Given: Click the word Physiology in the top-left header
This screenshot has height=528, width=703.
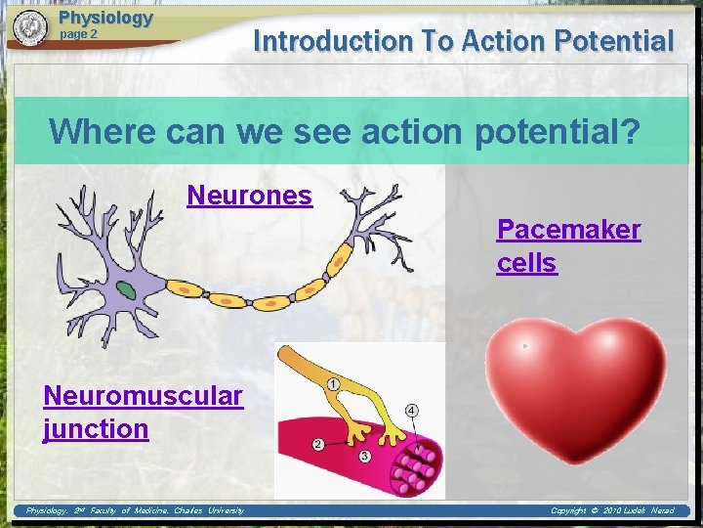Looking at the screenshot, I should click(105, 18).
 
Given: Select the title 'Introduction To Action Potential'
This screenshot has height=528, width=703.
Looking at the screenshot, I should click(463, 41).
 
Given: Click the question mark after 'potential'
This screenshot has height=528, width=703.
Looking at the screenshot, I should click(629, 130).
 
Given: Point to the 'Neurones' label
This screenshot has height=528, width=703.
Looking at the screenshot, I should click(249, 196).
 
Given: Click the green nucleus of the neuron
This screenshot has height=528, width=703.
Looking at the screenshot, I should click(127, 289).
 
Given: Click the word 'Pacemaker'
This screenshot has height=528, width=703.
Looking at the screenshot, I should click(568, 230).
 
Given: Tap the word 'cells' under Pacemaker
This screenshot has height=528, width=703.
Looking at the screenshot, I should click(526, 263).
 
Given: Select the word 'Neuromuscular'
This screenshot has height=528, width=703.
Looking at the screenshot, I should click(143, 395).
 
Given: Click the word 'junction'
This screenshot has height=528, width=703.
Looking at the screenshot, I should click(96, 428).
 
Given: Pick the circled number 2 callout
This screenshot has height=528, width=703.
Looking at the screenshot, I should click(318, 445).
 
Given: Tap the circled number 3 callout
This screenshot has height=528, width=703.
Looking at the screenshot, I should click(363, 457).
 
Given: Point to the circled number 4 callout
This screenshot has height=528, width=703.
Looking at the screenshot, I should click(412, 410).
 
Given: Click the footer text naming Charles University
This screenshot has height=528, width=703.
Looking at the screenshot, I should click(135, 510).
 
